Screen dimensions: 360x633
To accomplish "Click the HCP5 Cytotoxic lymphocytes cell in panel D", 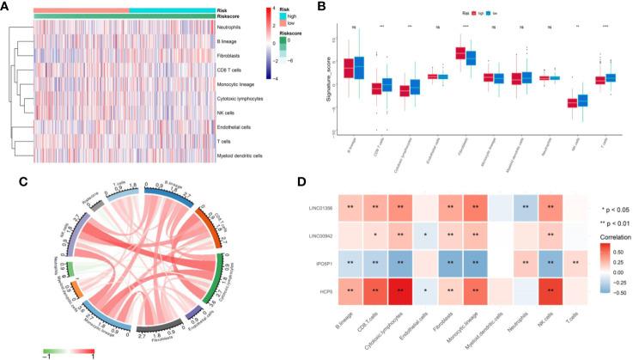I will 404,295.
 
